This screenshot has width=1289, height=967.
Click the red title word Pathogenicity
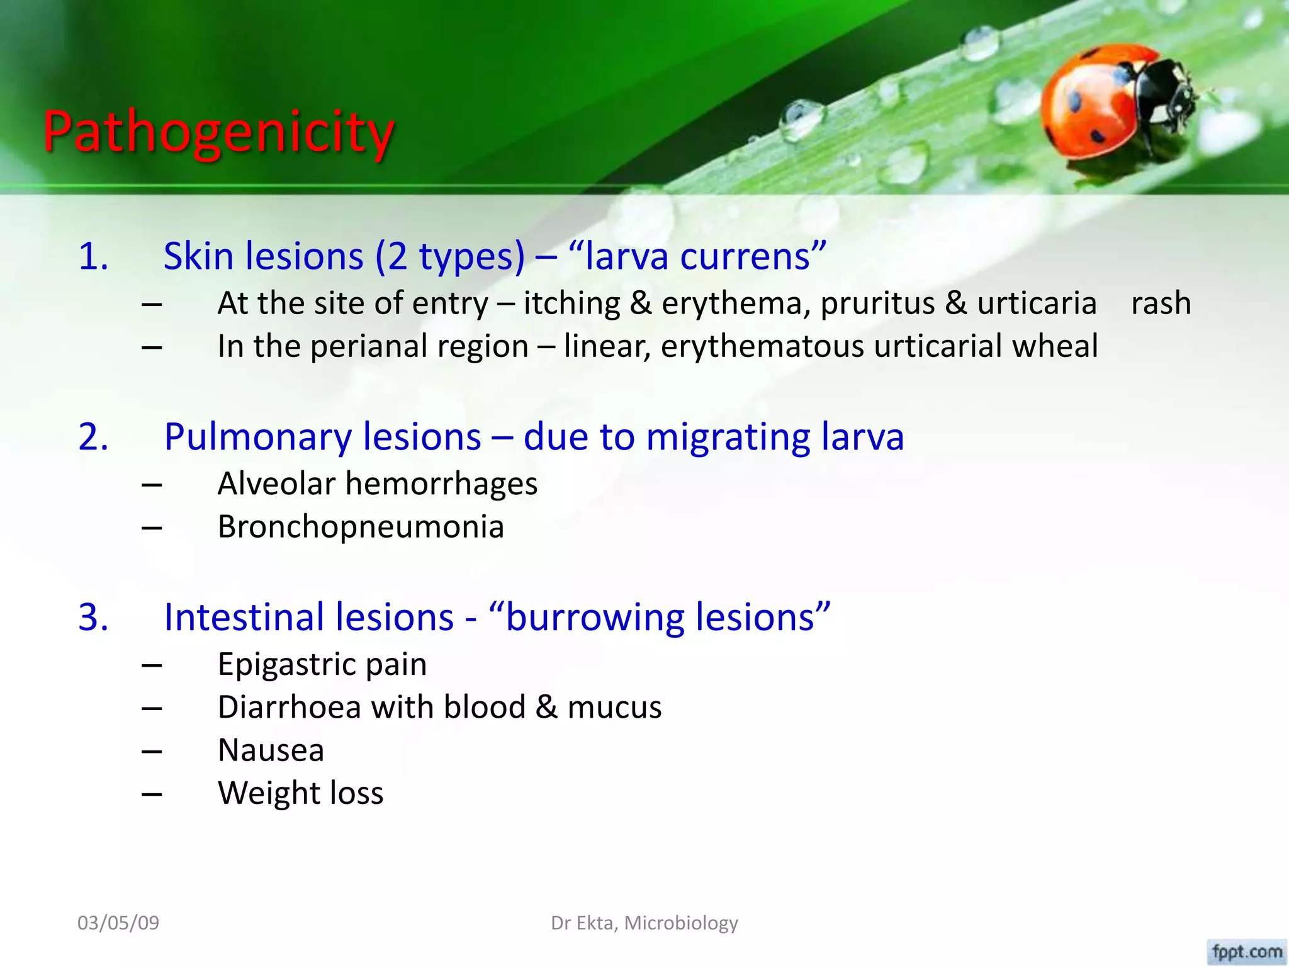point(218,132)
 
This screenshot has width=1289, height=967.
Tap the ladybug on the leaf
point(1114,104)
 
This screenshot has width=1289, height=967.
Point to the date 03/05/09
point(118,923)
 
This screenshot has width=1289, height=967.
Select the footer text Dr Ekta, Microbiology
point(644,923)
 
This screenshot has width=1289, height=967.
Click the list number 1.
point(93,257)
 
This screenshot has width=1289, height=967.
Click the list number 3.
point(93,617)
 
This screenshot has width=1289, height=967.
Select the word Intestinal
point(308,617)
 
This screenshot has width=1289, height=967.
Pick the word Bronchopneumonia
point(361,527)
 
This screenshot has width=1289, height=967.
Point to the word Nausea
point(271,750)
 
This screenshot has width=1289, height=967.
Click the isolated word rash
point(1161,303)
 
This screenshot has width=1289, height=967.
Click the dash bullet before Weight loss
point(152,795)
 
